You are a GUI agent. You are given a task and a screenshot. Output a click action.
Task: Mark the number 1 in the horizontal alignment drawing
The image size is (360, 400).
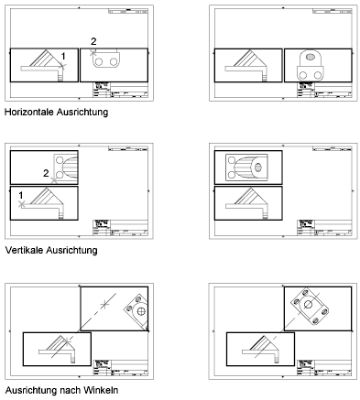pyautogui.click(x=62, y=57)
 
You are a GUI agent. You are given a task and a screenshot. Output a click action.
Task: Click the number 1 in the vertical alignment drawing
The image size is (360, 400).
pyautogui.click(x=19, y=194)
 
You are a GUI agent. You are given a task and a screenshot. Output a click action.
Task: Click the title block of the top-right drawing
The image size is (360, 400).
pyautogui.click(x=327, y=90)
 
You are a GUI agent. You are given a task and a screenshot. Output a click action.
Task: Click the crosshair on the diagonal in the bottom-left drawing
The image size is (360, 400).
pyautogui.click(x=106, y=302)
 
